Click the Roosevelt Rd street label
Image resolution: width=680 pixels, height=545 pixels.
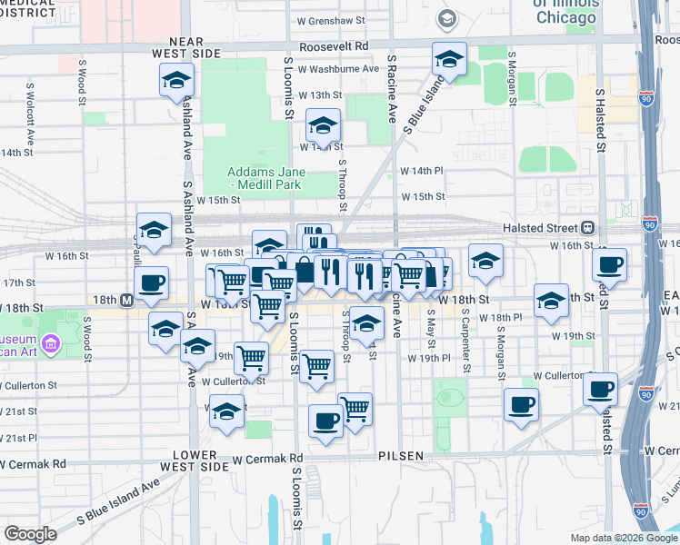coord(335,45)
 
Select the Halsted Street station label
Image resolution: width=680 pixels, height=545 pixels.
coord(540,227)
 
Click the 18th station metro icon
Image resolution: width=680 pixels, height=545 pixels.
coord(126,300)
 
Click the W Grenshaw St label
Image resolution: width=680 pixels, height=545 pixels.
coord(331,19)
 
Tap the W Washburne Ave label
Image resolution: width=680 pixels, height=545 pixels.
coord(337,68)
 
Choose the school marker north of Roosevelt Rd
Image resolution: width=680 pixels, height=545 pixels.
coord(448,61)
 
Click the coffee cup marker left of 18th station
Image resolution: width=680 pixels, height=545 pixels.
coord(152,282)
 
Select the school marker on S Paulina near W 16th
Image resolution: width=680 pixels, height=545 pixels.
coord(154,230)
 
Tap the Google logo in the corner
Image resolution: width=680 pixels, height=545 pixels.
coord(30,533)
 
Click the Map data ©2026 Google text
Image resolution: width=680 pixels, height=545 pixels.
coord(623,538)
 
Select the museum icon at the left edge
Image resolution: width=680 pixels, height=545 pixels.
coord(50,343)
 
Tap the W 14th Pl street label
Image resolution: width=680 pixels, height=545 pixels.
coord(421,171)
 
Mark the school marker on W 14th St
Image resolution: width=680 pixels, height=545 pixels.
coord(323,126)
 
